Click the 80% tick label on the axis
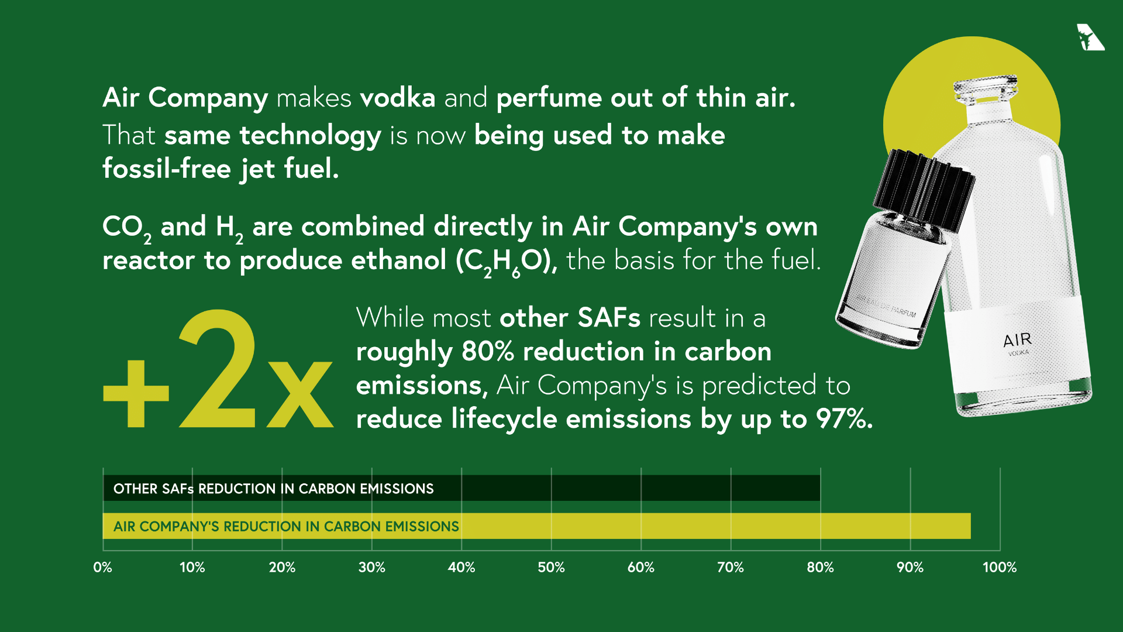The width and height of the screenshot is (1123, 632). (x=820, y=567)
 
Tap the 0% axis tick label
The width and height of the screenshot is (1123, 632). (x=102, y=567)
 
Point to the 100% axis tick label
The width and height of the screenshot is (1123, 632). (x=999, y=567)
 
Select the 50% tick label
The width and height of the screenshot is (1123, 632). (x=551, y=567)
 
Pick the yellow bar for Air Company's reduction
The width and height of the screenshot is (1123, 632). (x=702, y=526)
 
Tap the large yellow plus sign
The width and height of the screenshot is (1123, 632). (x=136, y=393)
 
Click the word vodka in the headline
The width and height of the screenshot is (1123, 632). (x=398, y=98)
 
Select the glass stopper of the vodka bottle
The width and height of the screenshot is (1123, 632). (x=987, y=91)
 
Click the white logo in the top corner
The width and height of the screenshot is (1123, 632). (x=1090, y=37)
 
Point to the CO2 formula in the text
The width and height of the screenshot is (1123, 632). (x=126, y=228)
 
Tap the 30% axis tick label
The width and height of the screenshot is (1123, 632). (x=371, y=567)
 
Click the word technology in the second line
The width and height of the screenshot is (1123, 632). (x=310, y=136)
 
